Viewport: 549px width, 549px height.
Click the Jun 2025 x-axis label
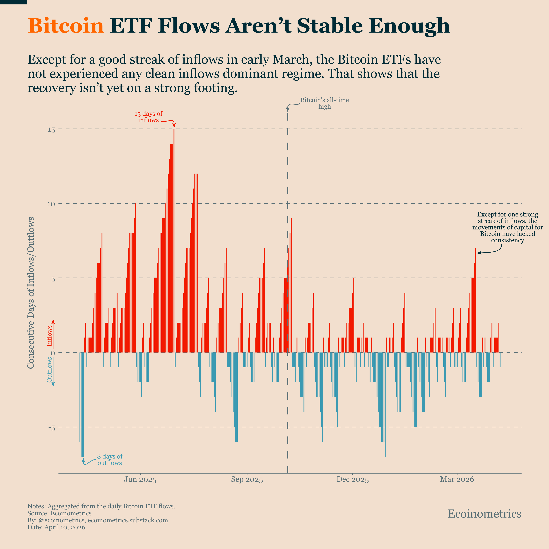[x=140, y=480]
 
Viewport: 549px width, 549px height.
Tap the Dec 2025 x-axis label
[x=353, y=480]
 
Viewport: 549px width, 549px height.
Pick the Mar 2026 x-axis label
[x=457, y=480]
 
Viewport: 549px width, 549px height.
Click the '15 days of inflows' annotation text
[x=148, y=117]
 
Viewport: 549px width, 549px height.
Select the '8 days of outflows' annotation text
[x=110, y=459]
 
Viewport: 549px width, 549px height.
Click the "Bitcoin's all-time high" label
[x=324, y=103]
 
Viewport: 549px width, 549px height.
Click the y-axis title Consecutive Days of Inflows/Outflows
[x=31, y=293]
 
